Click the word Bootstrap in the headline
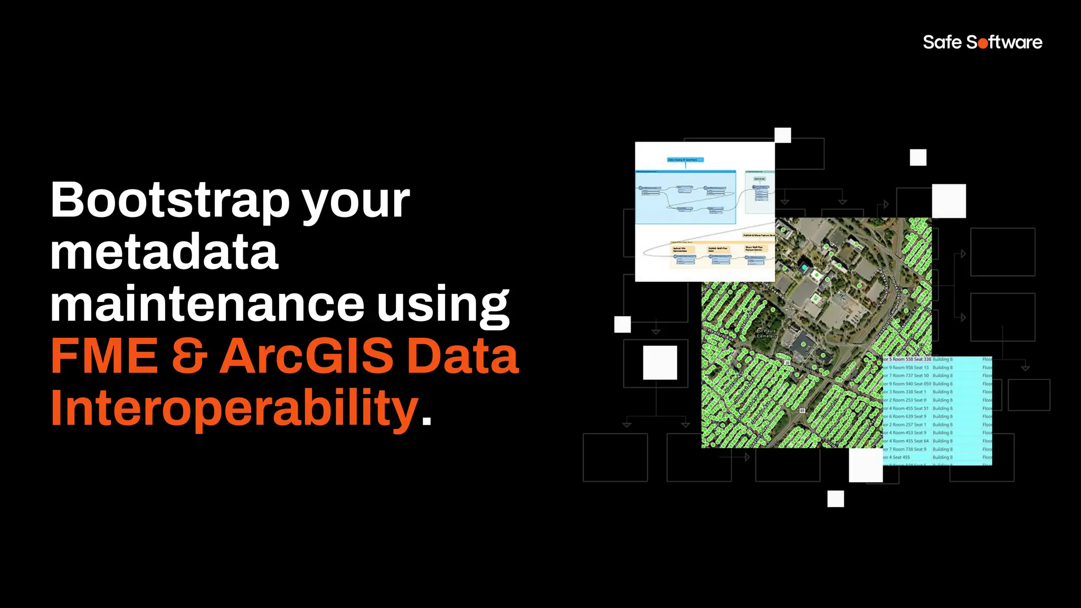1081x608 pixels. click(170, 201)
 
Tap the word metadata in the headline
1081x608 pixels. click(164, 252)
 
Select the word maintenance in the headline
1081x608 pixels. click(207, 304)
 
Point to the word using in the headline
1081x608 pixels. click(443, 305)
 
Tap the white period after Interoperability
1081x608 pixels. click(427, 420)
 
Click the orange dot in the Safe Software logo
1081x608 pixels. click(983, 43)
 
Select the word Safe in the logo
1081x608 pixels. click(943, 42)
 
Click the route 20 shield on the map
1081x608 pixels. click(787, 363)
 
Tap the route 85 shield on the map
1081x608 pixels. click(802, 410)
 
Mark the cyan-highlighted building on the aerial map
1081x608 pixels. click(804, 268)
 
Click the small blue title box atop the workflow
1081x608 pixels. click(685, 159)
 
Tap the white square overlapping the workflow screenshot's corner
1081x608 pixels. click(782, 135)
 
